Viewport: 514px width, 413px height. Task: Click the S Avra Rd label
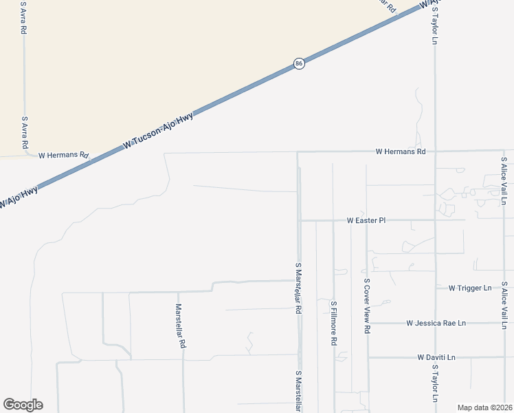tap(24, 133)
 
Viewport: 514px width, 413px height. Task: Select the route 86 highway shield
tap(299, 63)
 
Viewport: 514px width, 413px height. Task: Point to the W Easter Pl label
tap(366, 221)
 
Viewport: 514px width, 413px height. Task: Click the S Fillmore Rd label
tap(334, 323)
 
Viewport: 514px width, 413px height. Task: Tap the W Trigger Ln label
tap(470, 288)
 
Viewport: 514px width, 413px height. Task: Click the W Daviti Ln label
tap(436, 358)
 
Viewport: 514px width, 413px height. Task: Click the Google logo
tap(23, 405)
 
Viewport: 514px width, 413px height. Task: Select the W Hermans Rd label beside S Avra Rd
tap(64, 156)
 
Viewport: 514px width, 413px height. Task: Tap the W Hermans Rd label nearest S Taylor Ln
tap(401, 151)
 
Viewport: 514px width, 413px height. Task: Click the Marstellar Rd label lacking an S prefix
tap(179, 327)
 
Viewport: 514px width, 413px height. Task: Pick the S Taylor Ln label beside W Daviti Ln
tap(435, 383)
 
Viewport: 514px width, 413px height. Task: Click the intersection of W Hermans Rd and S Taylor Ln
tap(434, 151)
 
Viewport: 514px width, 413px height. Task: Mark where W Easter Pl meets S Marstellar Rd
tap(299, 221)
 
